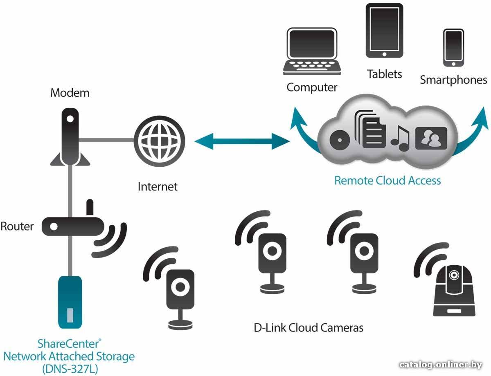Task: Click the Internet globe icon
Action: [x=159, y=141]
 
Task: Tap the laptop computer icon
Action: [x=312, y=51]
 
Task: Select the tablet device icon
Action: [x=384, y=30]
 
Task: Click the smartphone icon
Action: [x=453, y=48]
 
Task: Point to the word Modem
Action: [x=70, y=93]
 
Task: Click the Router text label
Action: [x=17, y=226]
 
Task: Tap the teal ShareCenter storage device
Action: [x=70, y=302]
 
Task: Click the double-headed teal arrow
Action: [x=242, y=141]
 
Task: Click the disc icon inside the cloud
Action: [x=340, y=140]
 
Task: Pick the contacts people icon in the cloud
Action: [x=431, y=138]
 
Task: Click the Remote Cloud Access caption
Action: [x=387, y=181]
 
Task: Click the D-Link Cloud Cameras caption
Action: [x=309, y=328]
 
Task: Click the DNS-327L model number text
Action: [x=70, y=369]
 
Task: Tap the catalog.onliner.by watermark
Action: [x=441, y=365]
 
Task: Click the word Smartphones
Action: [x=453, y=80]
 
